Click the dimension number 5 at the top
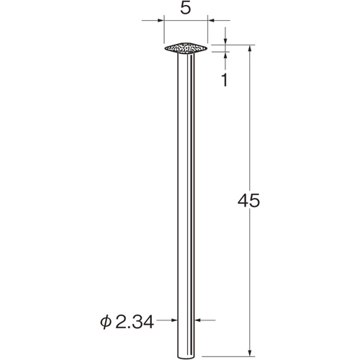(186, 9)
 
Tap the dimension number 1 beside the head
(225, 80)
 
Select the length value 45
(248, 201)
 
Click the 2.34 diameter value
(135, 322)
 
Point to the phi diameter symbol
(106, 323)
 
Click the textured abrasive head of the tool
(186, 48)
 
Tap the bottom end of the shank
(186, 358)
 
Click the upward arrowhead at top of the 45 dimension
(250, 48)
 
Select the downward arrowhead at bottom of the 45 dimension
(250, 353)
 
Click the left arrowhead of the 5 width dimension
(161, 20)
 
